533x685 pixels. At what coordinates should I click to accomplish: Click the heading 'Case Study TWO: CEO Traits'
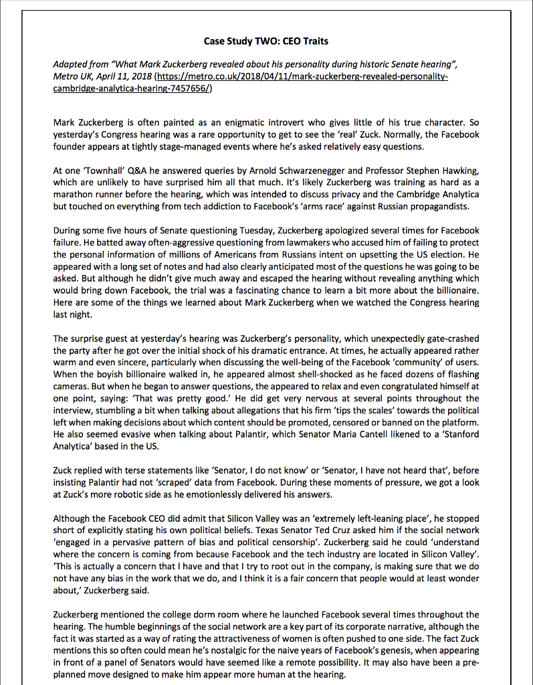266,41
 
